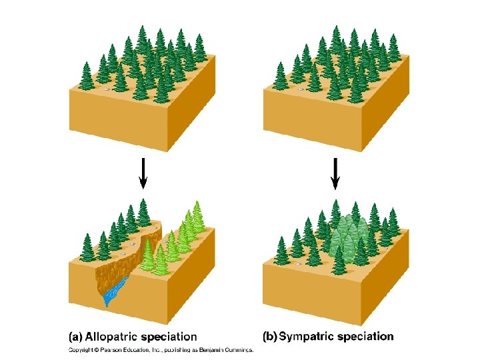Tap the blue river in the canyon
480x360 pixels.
click(115, 292)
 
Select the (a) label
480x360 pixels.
click(76, 337)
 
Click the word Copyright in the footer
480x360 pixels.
click(81, 349)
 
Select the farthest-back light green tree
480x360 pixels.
click(197, 213)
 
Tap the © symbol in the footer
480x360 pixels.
click(96, 349)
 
